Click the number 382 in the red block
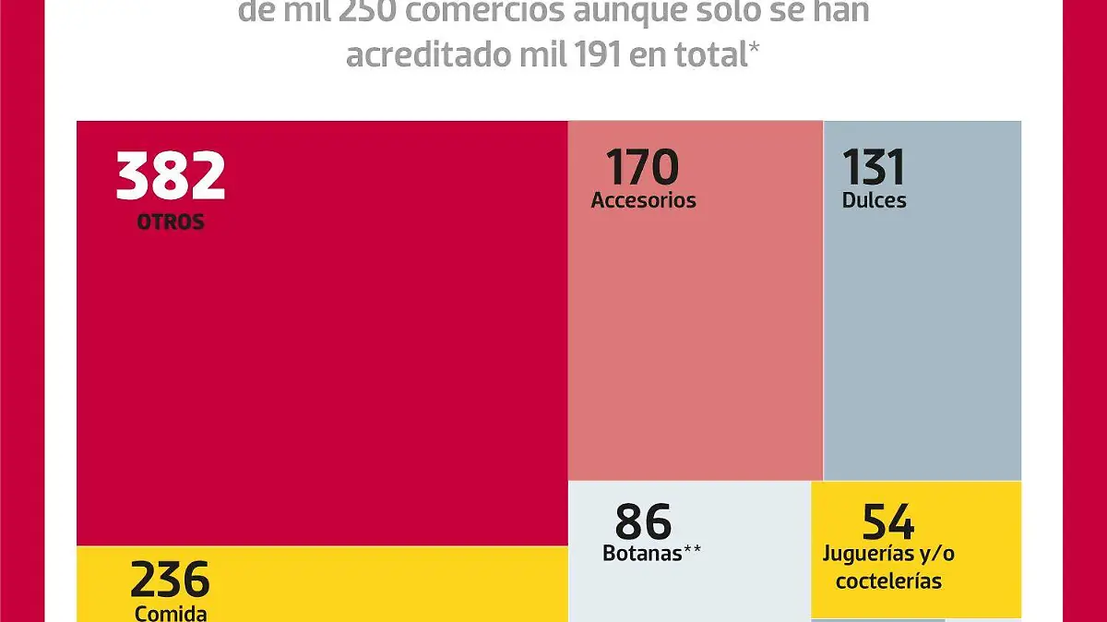[171, 176]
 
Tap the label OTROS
[171, 222]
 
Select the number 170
[642, 168]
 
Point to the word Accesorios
[643, 200]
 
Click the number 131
[874, 168]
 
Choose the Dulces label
[874, 200]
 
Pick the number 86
[643, 522]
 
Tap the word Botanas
[642, 554]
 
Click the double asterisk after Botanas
[693, 551]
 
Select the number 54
[888, 522]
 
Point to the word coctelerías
[888, 581]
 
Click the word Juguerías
[868, 555]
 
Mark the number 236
[171, 580]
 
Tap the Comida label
[171, 613]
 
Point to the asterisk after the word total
[754, 48]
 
